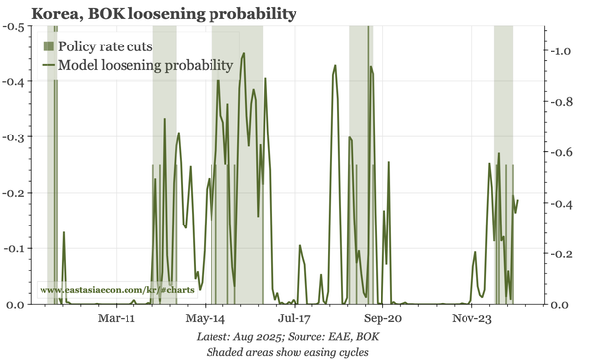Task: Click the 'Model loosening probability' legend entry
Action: (144, 65)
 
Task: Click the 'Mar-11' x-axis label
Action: (118, 320)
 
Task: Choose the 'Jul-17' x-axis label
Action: (295, 320)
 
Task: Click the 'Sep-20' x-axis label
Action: (383, 320)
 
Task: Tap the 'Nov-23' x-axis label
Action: (472, 320)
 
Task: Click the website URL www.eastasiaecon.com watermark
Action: (117, 289)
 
